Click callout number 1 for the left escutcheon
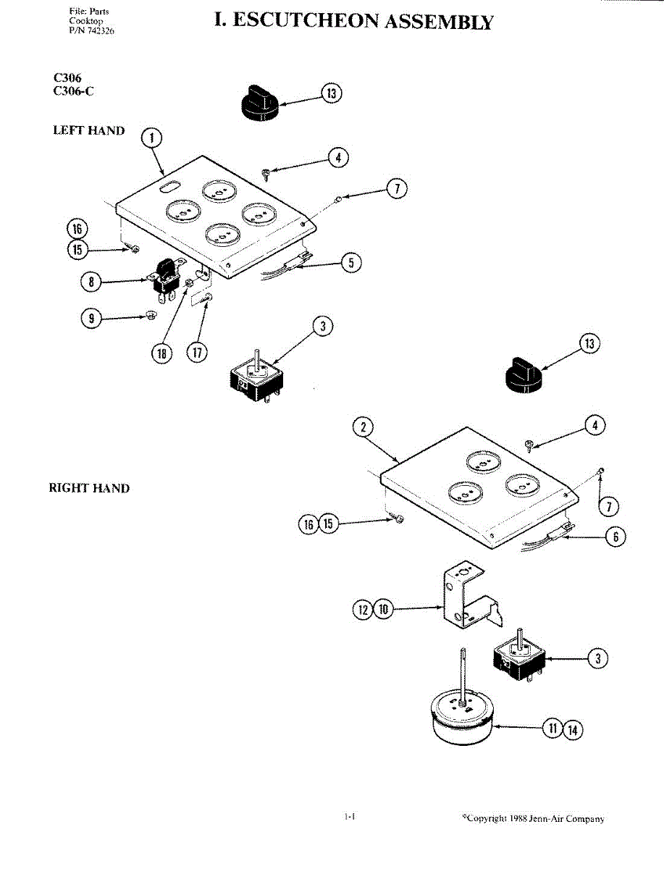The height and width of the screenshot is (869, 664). click(x=151, y=138)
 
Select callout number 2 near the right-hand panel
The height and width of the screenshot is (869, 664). click(x=363, y=427)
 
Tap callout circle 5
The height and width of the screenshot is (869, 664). click(x=351, y=262)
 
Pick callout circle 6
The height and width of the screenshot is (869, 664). click(x=615, y=537)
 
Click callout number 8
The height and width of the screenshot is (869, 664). click(x=91, y=282)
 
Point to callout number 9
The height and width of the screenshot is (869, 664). click(x=91, y=319)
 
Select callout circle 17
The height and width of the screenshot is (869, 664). click(x=197, y=352)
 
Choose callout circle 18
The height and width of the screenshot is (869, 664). click(x=162, y=353)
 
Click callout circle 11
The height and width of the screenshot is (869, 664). click(x=552, y=728)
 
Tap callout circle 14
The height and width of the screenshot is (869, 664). click(x=573, y=730)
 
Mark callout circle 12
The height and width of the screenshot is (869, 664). click(x=363, y=609)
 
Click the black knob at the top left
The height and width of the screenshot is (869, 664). click(x=260, y=101)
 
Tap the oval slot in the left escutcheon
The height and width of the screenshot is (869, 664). click(x=169, y=185)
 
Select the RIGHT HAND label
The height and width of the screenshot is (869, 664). click(x=90, y=488)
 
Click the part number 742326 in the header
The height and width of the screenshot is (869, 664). click(x=101, y=30)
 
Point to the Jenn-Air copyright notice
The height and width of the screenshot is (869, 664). click(x=534, y=818)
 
